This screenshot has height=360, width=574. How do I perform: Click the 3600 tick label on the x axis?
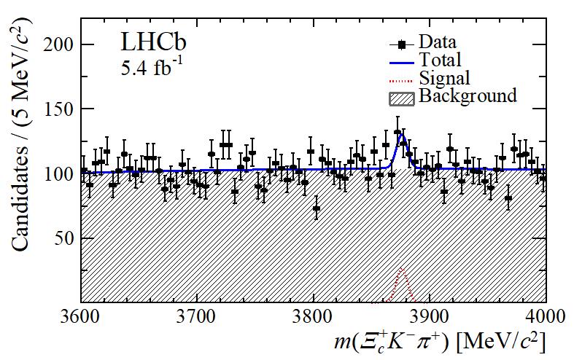80,316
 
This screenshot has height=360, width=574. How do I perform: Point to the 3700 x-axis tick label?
196,316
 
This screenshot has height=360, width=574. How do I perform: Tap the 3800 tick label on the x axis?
313,316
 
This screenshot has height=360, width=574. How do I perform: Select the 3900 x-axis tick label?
429,316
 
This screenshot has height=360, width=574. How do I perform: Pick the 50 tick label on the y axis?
61,238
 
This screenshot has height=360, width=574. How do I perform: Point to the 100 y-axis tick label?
55,174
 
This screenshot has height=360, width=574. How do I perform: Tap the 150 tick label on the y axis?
55,109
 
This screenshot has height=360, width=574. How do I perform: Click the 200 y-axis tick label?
55,45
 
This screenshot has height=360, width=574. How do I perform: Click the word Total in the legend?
440,60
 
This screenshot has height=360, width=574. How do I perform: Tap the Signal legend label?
444,78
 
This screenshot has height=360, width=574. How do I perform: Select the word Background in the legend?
468,96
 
